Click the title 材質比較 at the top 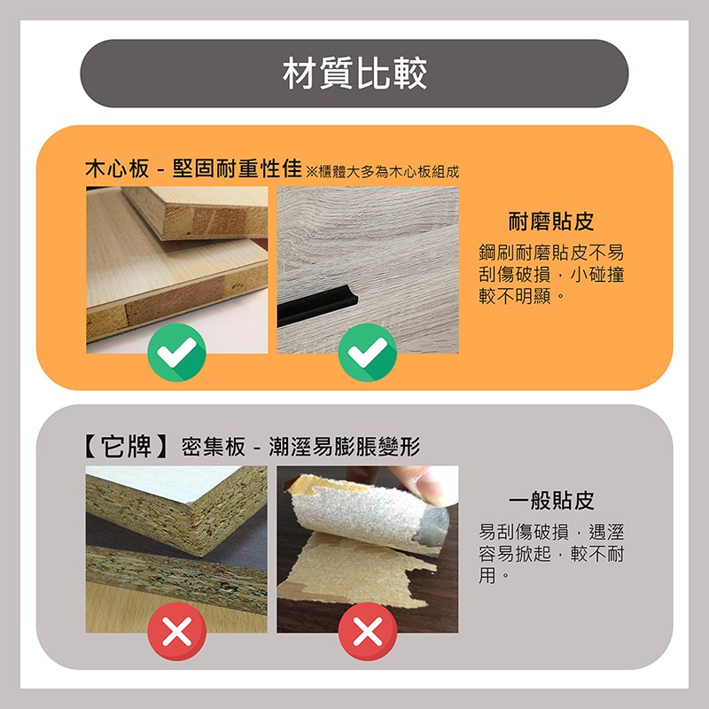(x=354, y=74)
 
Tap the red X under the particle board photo (x=177, y=632)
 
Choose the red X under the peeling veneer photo (x=368, y=632)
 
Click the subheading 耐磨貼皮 (x=550, y=222)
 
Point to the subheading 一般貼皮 (x=550, y=501)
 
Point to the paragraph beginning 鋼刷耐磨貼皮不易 (x=551, y=273)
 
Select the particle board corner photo (x=176, y=541)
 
